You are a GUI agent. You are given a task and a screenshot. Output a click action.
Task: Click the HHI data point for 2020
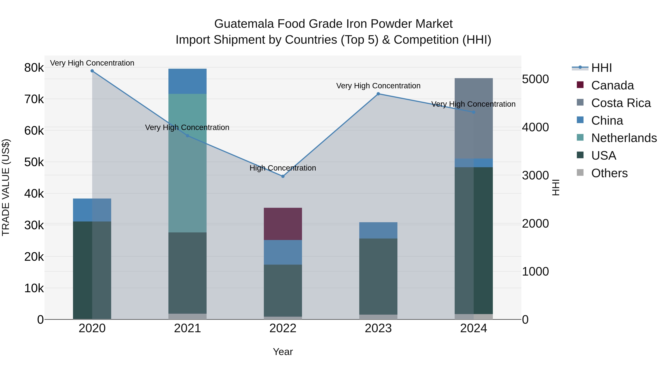click(92, 71)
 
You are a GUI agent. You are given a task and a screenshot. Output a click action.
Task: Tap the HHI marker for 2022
click(283, 176)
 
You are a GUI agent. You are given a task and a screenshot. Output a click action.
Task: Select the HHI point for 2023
click(378, 94)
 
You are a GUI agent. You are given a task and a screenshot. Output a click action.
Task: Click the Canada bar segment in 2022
click(283, 224)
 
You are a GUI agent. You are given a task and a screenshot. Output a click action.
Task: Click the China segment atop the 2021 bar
click(188, 81)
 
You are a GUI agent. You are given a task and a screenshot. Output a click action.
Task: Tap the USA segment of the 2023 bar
click(378, 276)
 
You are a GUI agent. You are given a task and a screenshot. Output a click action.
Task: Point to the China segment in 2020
click(92, 210)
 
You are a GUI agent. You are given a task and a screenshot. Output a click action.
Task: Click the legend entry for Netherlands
click(624, 138)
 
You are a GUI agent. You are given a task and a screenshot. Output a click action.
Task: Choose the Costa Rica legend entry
click(621, 103)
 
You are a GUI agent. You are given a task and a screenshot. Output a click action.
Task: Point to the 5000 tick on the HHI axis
click(535, 79)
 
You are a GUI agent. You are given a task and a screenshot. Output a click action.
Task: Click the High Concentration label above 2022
click(283, 168)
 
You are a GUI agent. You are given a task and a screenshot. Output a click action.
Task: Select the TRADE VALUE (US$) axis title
click(6, 187)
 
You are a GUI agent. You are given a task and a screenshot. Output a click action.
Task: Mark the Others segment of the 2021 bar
click(188, 316)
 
